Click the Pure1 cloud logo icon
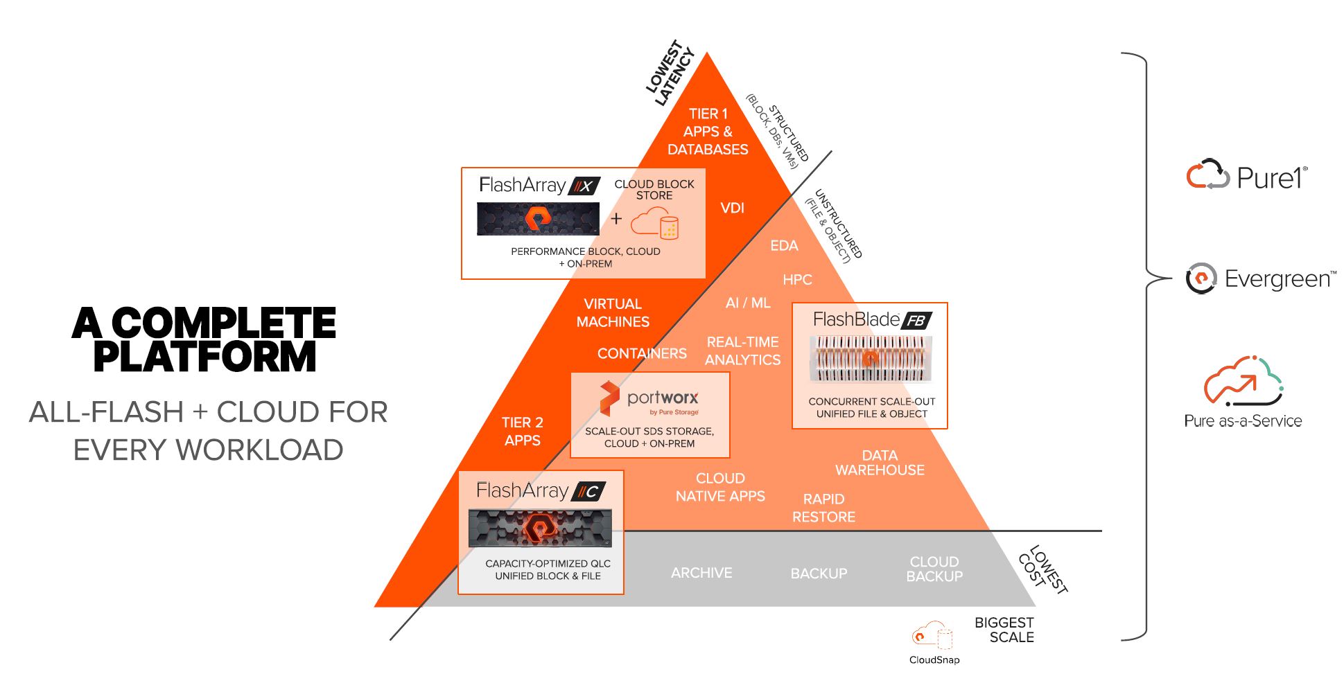[x=1207, y=175]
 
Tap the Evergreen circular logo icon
[x=1201, y=278]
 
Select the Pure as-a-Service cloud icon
[x=1243, y=380]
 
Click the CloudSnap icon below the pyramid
[x=931, y=635]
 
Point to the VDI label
[x=732, y=208]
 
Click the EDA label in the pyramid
[x=784, y=246]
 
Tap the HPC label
[x=797, y=280]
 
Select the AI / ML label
[x=747, y=303]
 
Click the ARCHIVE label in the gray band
[x=701, y=573]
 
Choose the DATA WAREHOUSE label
[x=879, y=463]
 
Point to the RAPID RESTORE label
[x=823, y=508]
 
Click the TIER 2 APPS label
[x=522, y=432]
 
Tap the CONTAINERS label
[x=642, y=353]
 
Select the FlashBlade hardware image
[x=871, y=358]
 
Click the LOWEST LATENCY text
[x=669, y=73]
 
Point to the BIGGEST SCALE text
[x=1004, y=630]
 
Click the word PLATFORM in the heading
[x=204, y=357]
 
